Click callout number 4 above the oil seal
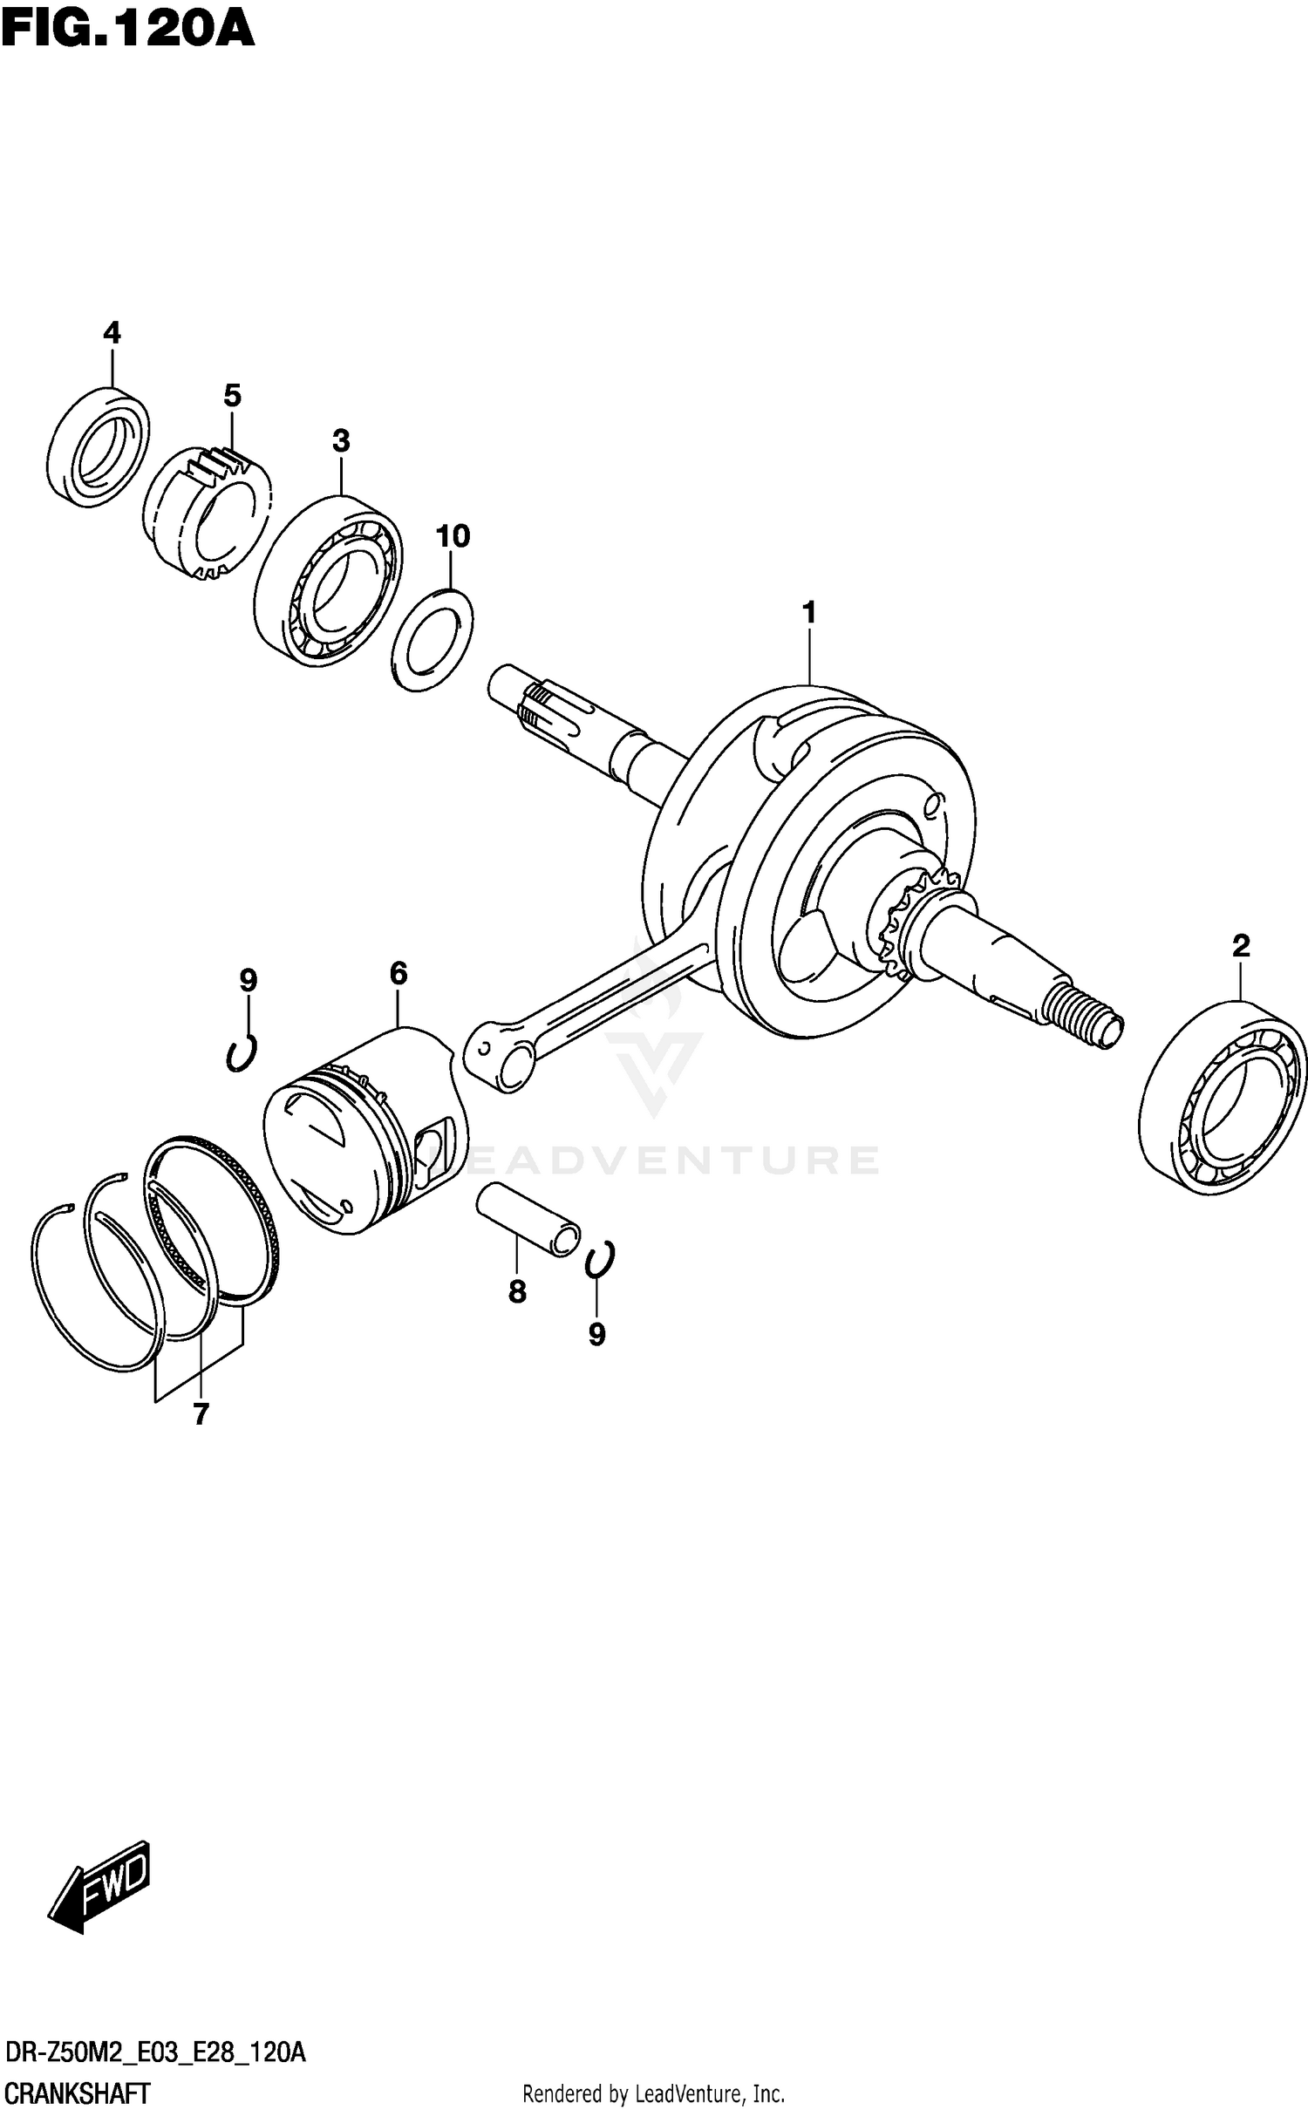click(112, 332)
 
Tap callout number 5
click(232, 396)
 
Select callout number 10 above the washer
click(453, 536)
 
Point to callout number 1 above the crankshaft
click(809, 613)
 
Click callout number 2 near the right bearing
click(1241, 946)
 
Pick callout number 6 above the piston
click(399, 973)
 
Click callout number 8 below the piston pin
click(517, 1292)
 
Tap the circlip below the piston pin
click(599, 1259)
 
